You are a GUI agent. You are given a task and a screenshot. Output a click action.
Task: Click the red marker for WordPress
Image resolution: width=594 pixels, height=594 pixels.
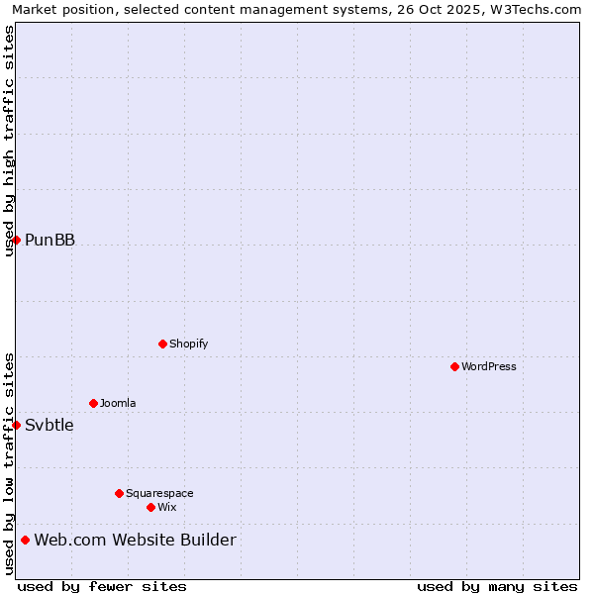pyautogui.click(x=454, y=366)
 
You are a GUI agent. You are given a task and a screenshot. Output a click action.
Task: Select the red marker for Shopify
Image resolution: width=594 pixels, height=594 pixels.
pyautogui.click(x=162, y=344)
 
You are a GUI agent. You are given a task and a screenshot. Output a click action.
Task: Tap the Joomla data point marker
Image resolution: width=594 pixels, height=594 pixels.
pyautogui.click(x=93, y=403)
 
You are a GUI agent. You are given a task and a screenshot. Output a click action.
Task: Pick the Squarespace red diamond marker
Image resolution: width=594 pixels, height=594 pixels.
pyautogui.click(x=119, y=493)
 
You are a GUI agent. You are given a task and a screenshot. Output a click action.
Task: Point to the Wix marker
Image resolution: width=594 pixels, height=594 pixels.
pyautogui.click(x=150, y=507)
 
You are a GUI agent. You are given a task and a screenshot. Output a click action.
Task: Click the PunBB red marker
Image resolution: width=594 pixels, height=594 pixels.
pyautogui.click(x=16, y=240)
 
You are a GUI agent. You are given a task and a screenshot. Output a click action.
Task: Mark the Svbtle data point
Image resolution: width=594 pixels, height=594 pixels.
pyautogui.click(x=16, y=425)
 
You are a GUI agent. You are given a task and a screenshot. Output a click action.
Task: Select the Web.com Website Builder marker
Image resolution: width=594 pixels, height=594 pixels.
pyautogui.click(x=25, y=540)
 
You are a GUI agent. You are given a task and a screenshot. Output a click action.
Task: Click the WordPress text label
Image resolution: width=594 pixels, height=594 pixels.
pyautogui.click(x=489, y=366)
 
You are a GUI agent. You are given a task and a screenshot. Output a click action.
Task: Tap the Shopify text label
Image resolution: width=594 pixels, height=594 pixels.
pyautogui.click(x=188, y=344)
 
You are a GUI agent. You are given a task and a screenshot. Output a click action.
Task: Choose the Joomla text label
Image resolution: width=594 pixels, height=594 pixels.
pyautogui.click(x=118, y=403)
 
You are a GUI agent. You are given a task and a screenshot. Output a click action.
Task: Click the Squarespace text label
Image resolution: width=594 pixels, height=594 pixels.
pyautogui.click(x=159, y=493)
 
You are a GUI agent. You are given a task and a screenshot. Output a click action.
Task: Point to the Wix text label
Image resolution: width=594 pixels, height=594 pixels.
pyautogui.click(x=166, y=507)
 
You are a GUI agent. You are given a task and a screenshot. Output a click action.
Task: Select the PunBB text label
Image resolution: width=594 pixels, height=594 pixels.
pyautogui.click(x=49, y=240)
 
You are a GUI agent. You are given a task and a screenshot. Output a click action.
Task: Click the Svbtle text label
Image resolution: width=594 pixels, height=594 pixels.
pyautogui.click(x=49, y=425)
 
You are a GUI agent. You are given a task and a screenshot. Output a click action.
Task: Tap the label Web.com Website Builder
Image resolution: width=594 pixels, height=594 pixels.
pyautogui.click(x=135, y=540)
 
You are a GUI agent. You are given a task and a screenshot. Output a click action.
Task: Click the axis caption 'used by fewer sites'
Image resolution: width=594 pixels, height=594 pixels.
pyautogui.click(x=102, y=586)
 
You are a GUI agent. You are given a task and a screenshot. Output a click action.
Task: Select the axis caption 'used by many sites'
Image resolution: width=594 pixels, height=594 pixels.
pyautogui.click(x=497, y=586)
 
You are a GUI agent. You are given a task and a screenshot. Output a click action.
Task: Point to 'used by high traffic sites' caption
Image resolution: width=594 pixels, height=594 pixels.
pyautogui.click(x=9, y=141)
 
